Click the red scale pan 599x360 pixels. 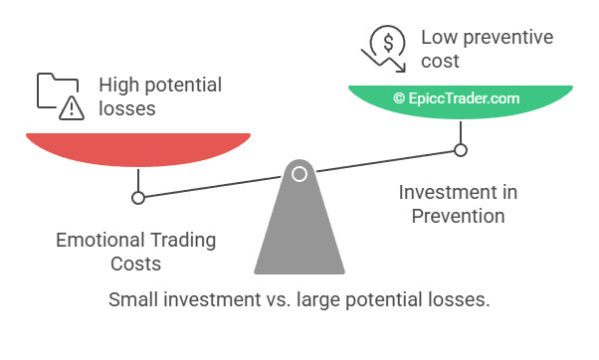[x=136, y=147]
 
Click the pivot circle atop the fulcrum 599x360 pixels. [x=299, y=175]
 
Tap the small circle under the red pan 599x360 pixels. [x=138, y=197]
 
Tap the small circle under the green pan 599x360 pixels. [x=460, y=150]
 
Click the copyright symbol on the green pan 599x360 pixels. [x=399, y=98]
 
